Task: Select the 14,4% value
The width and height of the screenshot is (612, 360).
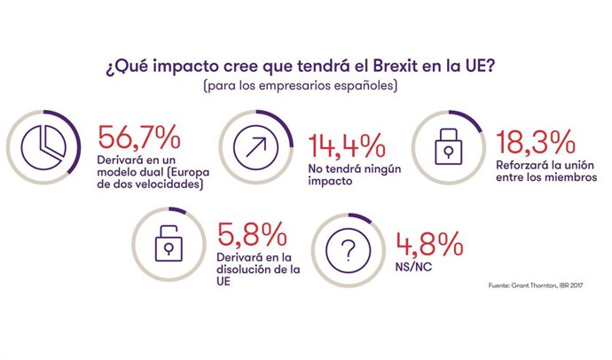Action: [345, 144]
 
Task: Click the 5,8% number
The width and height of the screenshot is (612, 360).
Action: [251, 234]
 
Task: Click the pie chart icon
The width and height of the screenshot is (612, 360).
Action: [40, 146]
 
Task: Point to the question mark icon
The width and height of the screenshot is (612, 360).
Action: [351, 250]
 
